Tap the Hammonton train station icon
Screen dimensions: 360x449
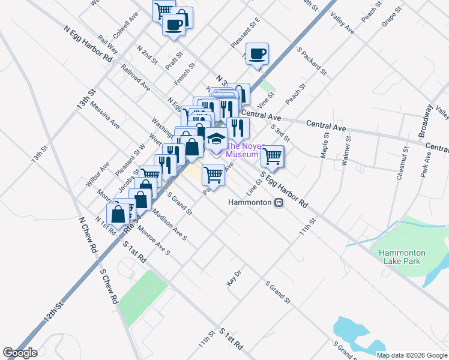tap(279, 202)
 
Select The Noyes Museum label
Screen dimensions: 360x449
tap(242, 150)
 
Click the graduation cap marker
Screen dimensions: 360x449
tap(215, 140)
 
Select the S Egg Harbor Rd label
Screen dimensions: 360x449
tap(284, 190)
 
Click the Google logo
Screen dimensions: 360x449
tap(20, 353)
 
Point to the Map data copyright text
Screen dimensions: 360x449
tap(411, 355)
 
